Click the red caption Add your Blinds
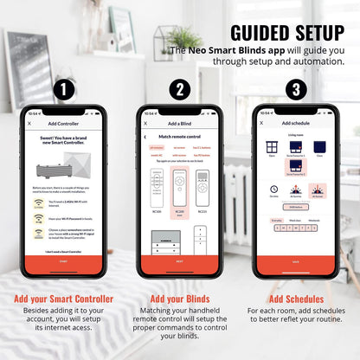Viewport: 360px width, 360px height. pos(179,299)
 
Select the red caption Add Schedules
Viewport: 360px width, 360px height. pos(297,299)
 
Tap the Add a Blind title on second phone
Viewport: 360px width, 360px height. pos(179,125)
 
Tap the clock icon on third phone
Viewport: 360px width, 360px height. pos(273,189)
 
